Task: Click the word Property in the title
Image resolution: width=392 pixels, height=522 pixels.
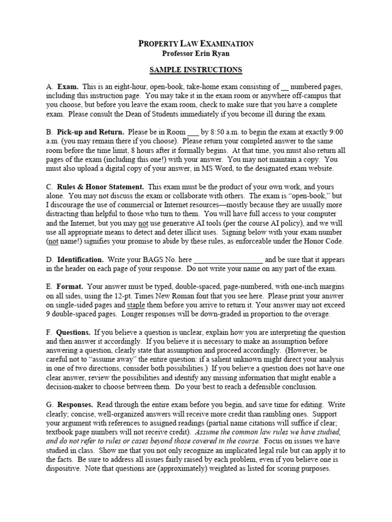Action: (157, 44)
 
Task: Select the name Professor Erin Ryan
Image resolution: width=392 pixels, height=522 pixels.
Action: (195, 54)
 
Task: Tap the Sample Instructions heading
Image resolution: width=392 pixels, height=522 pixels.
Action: (195, 70)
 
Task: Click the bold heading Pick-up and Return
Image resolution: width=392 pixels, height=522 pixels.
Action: (90, 132)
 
